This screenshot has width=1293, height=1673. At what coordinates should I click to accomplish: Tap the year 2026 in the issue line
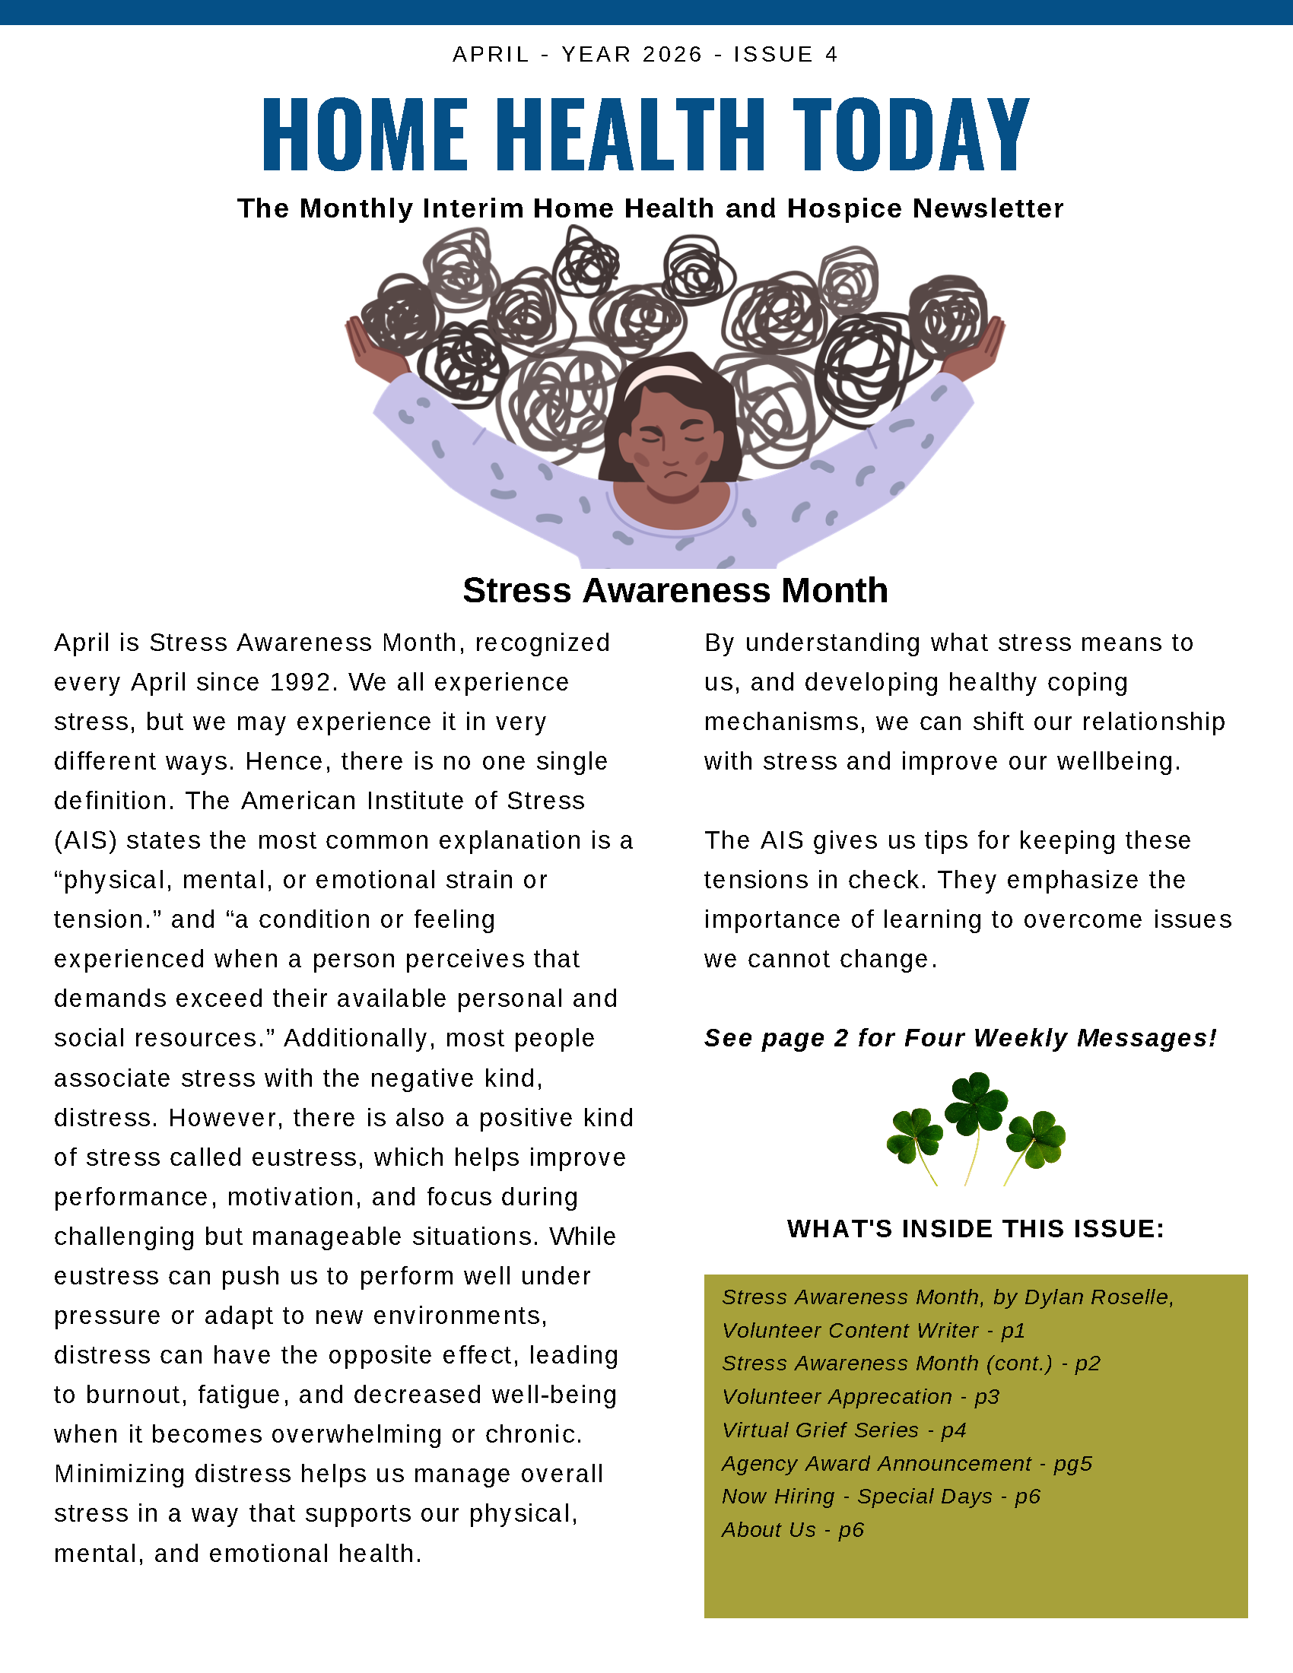[672, 55]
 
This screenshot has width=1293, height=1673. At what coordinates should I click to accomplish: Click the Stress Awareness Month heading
[675, 591]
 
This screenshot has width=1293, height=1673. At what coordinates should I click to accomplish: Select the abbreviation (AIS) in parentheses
[85, 840]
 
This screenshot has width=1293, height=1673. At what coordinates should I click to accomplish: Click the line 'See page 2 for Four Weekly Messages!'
[961, 1038]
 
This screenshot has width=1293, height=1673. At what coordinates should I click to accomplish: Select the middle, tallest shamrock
[976, 1104]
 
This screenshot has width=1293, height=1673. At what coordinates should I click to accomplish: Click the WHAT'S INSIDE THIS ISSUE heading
[975, 1229]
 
